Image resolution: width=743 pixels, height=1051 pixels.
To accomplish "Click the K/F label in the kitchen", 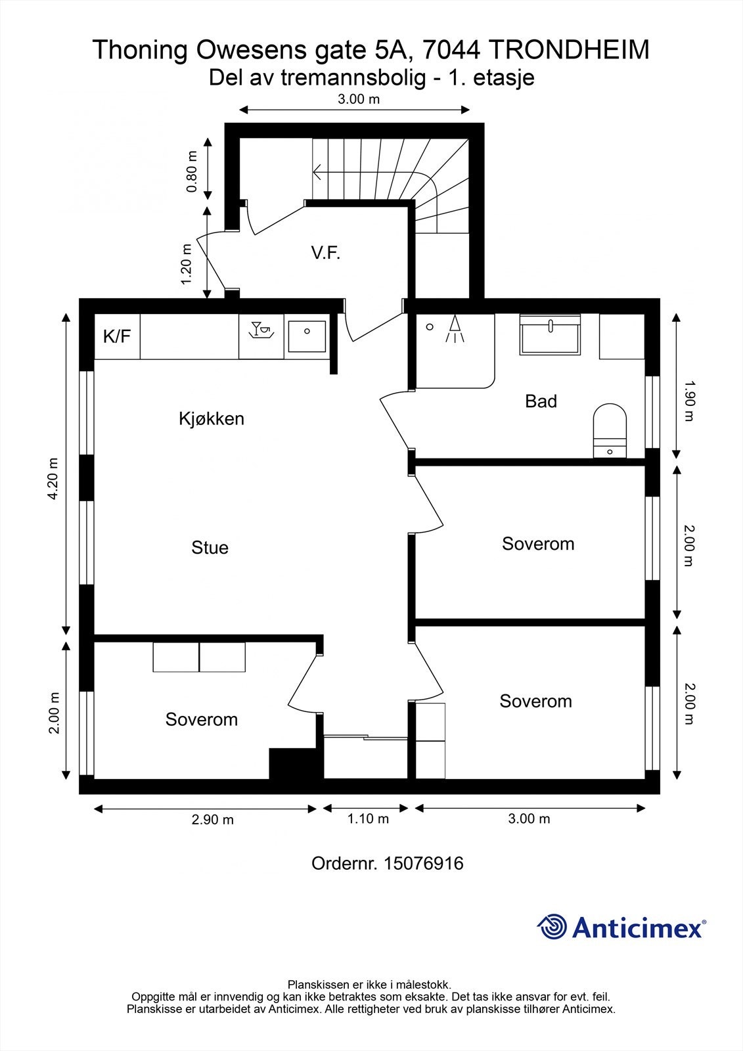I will coord(117,337).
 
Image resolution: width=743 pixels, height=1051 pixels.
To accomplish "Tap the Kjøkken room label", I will coord(211,418).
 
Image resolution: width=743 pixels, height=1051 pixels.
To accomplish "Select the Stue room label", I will coord(210,547).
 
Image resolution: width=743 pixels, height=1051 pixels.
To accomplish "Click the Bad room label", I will coord(541,401).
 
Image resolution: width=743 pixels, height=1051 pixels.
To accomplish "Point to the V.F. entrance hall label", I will coord(326,253).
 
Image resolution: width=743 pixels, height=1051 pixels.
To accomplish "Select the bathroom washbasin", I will coord(551,336).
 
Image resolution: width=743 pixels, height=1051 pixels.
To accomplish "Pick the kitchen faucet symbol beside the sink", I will coord(261,330).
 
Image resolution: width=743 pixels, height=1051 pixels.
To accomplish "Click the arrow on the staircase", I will coord(319,173).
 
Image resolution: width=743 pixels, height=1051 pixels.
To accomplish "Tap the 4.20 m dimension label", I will coord(53,478).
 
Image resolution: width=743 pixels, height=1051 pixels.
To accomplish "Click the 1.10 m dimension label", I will coord(368,818).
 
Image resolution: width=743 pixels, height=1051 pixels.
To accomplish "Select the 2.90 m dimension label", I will coord(212,820).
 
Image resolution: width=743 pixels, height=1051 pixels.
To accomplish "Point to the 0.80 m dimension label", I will coord(192,172).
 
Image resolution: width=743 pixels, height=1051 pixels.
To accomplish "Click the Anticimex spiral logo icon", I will coord(552,927).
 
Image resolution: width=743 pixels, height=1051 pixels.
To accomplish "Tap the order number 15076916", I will coord(423,863).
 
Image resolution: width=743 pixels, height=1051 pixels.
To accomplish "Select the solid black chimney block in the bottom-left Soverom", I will coord(296,763).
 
